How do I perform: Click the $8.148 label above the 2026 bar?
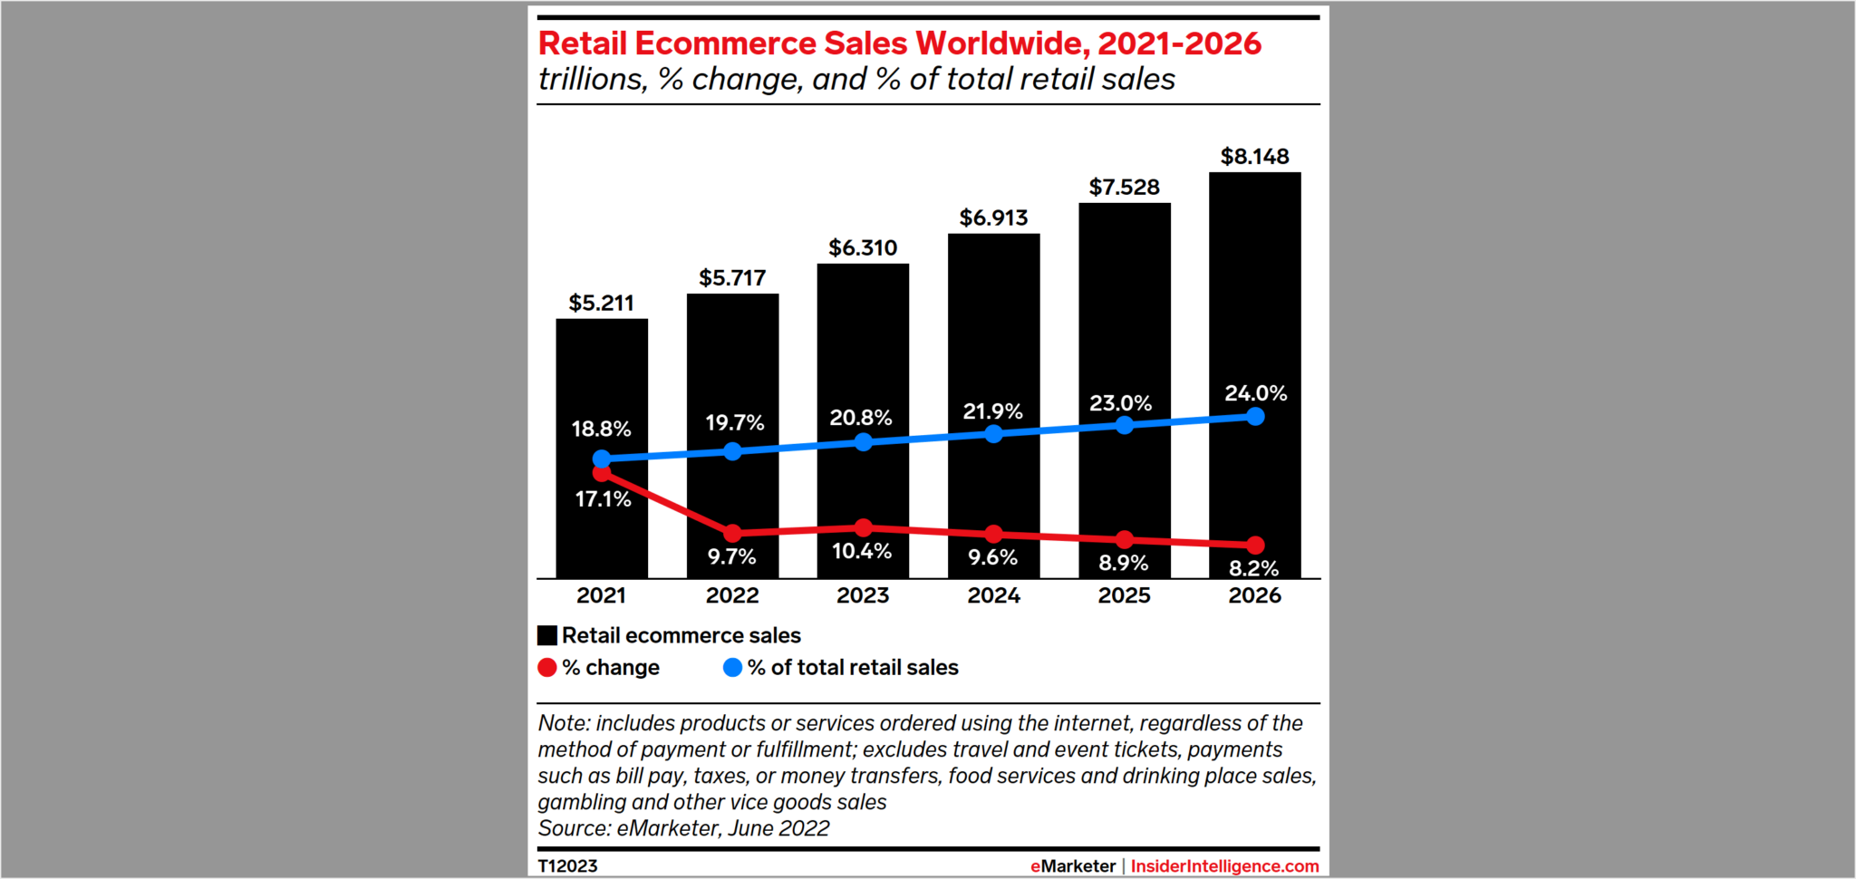tap(1254, 157)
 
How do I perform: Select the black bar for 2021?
tap(602, 381)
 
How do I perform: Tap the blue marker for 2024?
tap(993, 434)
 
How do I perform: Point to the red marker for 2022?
tap(732, 533)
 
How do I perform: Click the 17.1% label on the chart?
tap(603, 499)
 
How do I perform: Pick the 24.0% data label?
tap(1255, 393)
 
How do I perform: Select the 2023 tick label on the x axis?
tap(863, 595)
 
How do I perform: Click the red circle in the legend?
tap(546, 668)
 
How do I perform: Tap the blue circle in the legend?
tap(732, 668)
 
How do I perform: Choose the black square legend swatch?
tap(547, 635)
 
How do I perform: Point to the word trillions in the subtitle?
tap(593, 80)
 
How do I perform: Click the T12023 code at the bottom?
tap(567, 865)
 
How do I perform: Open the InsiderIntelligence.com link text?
tap(1224, 865)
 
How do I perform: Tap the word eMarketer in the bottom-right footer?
tap(1073, 865)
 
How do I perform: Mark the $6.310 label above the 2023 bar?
tap(863, 248)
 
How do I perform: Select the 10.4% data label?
tap(862, 551)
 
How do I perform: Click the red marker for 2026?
tap(1255, 545)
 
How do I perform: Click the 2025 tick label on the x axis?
tap(1124, 595)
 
